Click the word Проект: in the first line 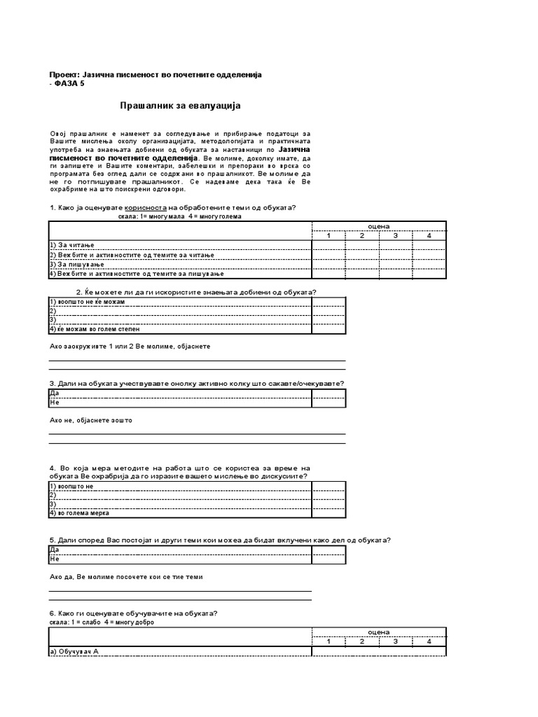65,75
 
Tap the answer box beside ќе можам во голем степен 329,328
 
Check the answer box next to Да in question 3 329,394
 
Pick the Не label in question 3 54,403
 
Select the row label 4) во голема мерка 79,513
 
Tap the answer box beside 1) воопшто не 329,486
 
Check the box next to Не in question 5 329,559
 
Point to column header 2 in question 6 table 361,641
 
